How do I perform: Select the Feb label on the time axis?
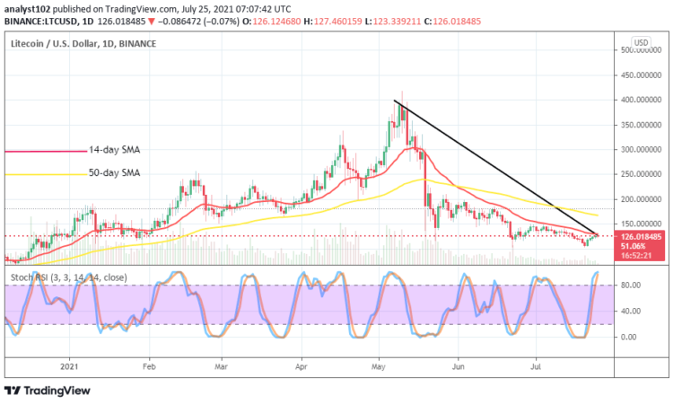149,367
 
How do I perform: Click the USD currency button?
641,42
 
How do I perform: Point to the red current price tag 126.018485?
642,237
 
